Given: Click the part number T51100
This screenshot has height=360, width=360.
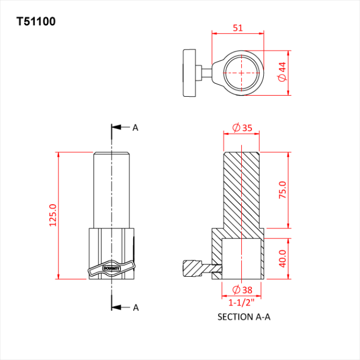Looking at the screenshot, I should [x=36, y=22].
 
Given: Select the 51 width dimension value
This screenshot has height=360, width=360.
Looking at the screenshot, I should [x=238, y=28].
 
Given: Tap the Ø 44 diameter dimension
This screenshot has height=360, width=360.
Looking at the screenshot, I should [x=281, y=73].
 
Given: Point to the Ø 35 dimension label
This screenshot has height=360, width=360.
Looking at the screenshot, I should [x=242, y=128].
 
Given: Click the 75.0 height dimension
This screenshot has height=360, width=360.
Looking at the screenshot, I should [x=282, y=190].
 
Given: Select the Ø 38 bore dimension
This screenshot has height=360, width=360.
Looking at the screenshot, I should [x=242, y=289].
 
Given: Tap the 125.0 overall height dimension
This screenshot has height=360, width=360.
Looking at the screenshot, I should [x=52, y=215].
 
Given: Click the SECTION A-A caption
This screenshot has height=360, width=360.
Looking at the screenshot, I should [x=244, y=317].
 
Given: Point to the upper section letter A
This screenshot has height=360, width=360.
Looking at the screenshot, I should [x=136, y=128].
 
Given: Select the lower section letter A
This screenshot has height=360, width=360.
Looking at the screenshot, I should [x=136, y=308].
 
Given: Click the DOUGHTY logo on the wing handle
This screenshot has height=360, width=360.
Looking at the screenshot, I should [x=111, y=268].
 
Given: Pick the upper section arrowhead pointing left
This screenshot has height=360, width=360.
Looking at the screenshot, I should [x=116, y=128].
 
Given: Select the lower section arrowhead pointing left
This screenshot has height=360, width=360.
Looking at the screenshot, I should [x=116, y=308].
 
